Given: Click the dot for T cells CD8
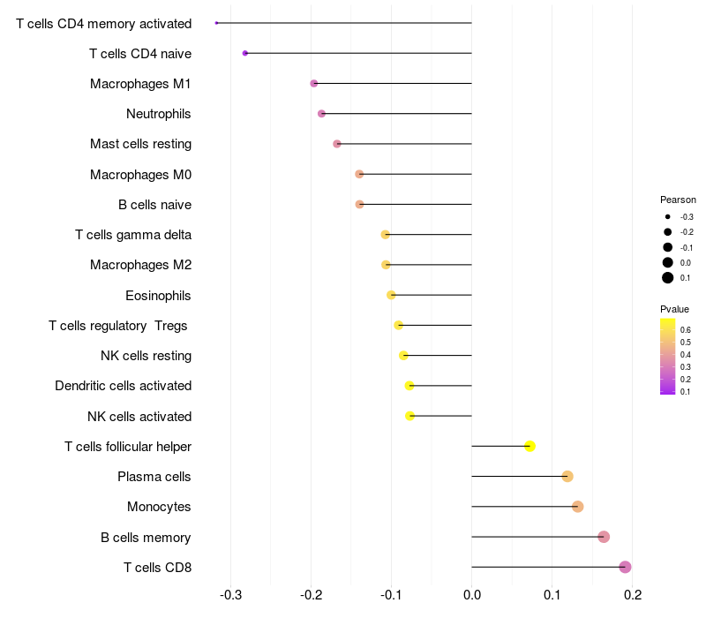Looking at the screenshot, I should tap(625, 567).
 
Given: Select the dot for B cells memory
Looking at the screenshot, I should tap(604, 537).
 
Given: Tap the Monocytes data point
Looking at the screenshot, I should tap(577, 507).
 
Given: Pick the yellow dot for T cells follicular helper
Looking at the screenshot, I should tap(529, 446).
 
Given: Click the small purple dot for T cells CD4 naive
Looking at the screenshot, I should tap(244, 54).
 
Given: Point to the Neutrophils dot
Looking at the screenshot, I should tap(321, 114).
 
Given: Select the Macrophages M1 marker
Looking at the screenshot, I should tap(313, 84).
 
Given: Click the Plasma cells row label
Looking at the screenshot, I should tap(154, 477).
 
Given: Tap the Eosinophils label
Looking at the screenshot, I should tap(159, 296).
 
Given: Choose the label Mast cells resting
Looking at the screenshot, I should tap(140, 144).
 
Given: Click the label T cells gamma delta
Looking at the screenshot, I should tap(133, 235).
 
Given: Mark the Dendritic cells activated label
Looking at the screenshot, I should tap(123, 386).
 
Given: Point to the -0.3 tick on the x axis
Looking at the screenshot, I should tap(230, 595).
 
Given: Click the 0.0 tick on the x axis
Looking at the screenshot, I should tap(472, 595).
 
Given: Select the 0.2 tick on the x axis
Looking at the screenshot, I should tap(632, 595).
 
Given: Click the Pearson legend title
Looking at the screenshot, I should tap(678, 200).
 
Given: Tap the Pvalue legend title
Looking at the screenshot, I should tap(674, 309).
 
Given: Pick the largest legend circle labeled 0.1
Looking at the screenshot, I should tap(668, 278).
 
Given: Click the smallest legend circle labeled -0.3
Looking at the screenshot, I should tap(668, 216).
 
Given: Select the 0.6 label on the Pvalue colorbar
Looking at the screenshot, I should tap(686, 329).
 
